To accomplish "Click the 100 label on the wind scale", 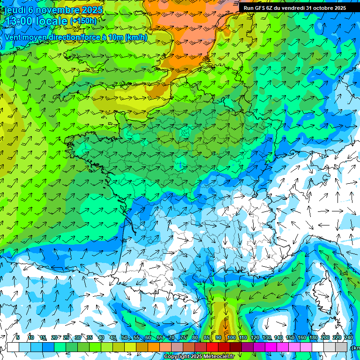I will click(231, 337).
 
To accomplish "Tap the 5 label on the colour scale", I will click(17, 337).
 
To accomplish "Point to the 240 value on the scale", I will click(349, 337).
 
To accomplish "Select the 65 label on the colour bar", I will click(160, 337).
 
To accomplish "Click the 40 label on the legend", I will click(101, 337).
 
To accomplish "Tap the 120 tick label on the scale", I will click(255, 337).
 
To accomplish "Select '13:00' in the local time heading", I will click(19, 21).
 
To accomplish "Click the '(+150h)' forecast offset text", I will click(83, 21).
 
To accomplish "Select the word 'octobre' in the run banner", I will click(321, 8).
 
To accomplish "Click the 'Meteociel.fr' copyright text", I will click(215, 357).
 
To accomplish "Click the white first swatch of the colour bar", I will click(13, 347).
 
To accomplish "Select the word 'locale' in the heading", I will click(52, 21).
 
